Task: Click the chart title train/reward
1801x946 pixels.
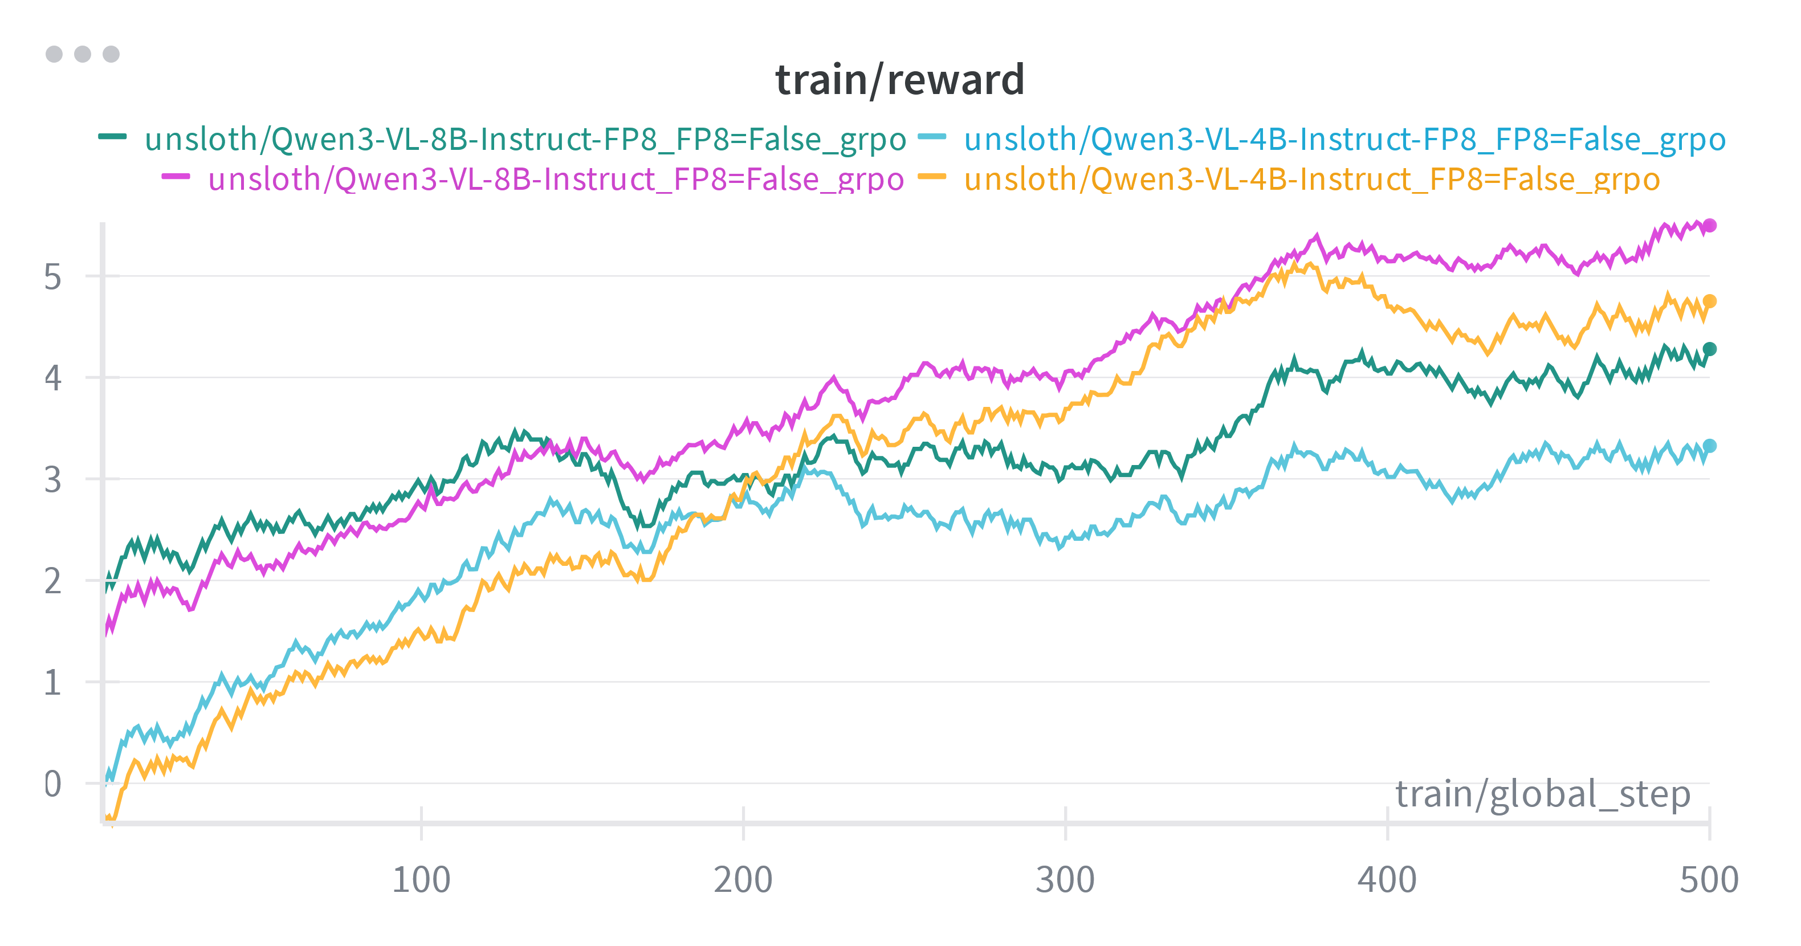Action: [900, 80]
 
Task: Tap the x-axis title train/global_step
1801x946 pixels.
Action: [1542, 794]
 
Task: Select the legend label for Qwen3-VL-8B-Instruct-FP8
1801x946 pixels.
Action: [525, 139]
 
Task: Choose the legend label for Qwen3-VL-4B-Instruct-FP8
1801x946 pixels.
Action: [1344, 139]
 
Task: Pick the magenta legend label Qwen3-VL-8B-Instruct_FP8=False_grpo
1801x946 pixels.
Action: [556, 179]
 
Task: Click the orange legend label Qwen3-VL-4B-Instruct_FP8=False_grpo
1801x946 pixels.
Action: [1311, 179]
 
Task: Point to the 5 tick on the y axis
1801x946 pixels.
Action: [52, 278]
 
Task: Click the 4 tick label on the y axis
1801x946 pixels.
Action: [52, 378]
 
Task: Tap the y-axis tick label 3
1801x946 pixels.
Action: [52, 480]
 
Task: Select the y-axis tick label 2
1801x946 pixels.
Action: [52, 582]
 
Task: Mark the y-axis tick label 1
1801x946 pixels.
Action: [52, 683]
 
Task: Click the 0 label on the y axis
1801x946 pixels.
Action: [52, 785]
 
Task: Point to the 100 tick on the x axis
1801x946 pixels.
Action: [421, 879]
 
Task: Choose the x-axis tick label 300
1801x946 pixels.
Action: [1065, 879]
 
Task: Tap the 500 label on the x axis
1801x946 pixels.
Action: [1709, 879]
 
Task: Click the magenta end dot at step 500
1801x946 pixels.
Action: [1709, 225]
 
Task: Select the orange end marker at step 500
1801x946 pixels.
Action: [1709, 301]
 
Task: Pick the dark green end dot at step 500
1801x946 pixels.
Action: [1709, 349]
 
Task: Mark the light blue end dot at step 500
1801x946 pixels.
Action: [1709, 446]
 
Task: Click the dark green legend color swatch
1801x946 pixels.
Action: [113, 136]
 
